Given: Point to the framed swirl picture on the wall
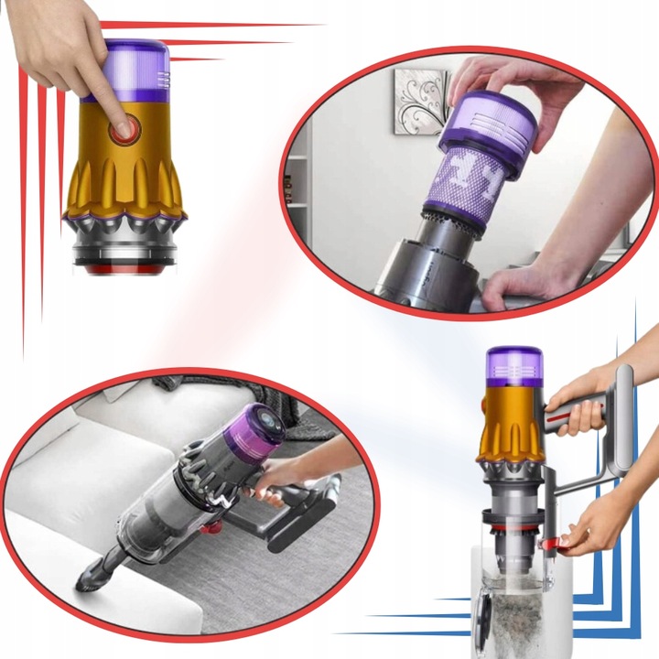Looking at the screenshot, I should (x=420, y=101).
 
